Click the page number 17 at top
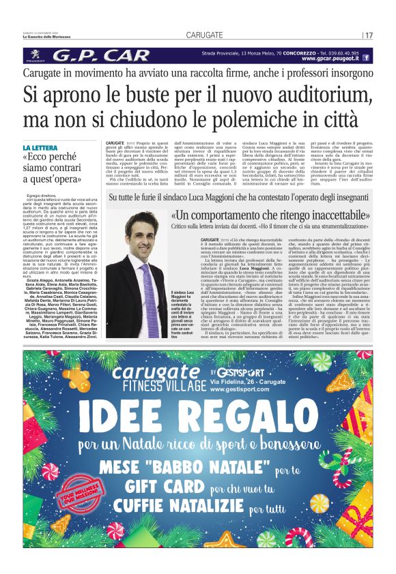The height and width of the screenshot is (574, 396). click(x=369, y=35)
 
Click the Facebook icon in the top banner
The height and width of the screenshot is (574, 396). click(x=367, y=59)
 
